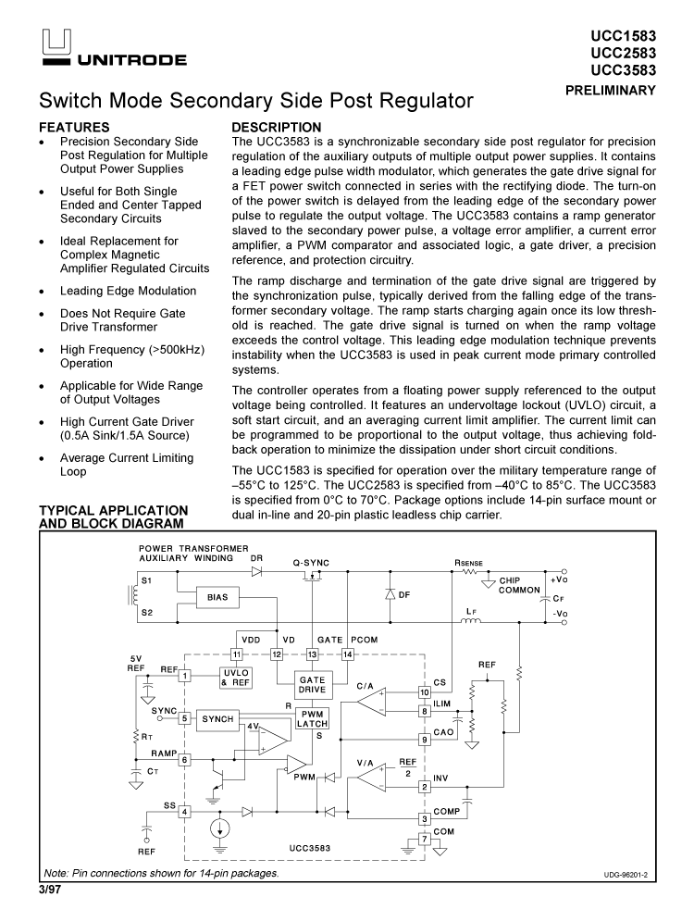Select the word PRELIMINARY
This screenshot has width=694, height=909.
coord(610,90)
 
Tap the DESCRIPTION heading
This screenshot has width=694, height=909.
coord(276,127)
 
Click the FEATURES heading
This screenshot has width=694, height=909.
coord(75,127)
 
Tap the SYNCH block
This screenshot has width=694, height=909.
coord(217,718)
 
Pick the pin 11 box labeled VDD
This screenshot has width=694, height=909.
coord(237,654)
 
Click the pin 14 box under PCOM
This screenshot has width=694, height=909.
coord(348,654)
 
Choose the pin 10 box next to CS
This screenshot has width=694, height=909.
coord(425,691)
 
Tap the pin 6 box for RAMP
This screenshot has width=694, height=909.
coord(185,759)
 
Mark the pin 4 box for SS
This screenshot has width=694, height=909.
coord(185,812)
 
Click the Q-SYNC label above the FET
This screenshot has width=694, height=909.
coord(311,562)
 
